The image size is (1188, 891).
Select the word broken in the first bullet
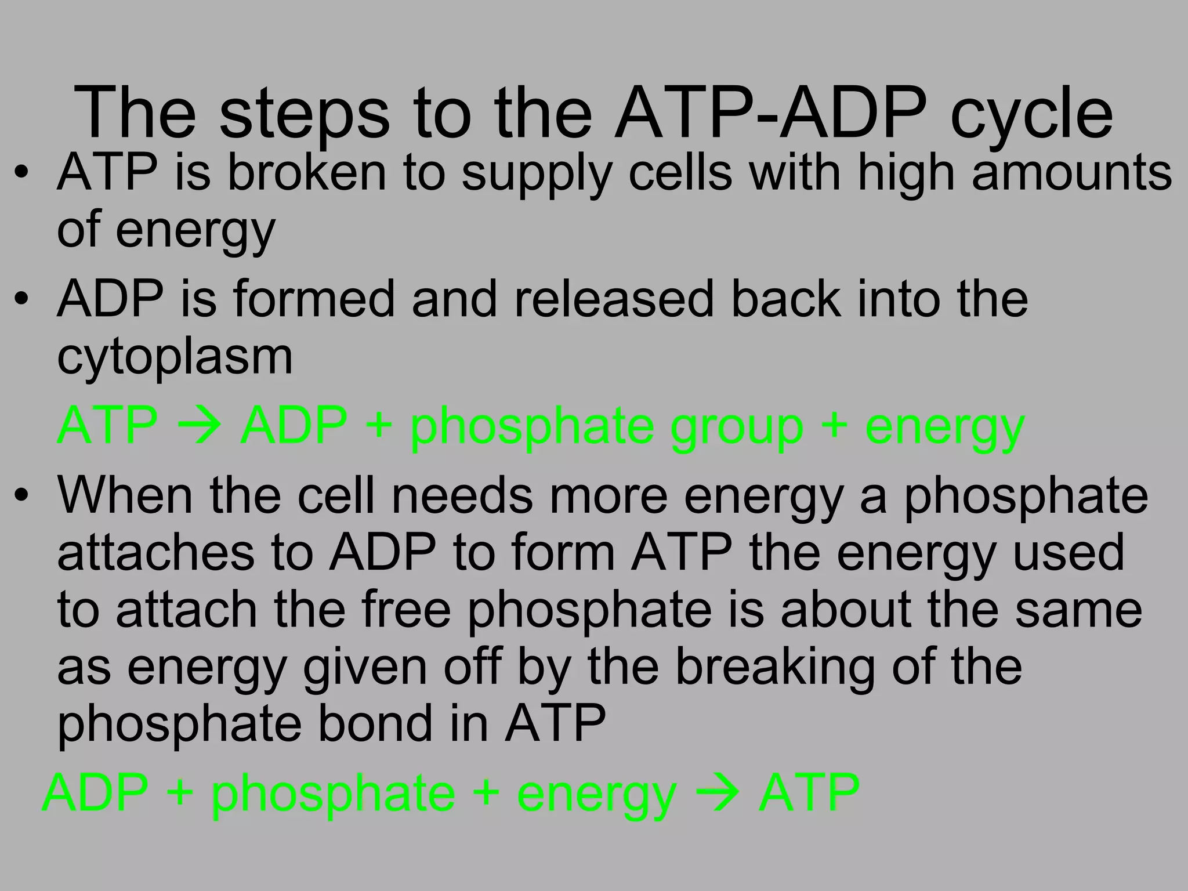(x=306, y=172)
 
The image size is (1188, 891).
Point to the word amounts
(x=1072, y=172)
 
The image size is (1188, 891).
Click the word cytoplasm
(x=175, y=356)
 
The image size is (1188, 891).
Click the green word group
(x=737, y=427)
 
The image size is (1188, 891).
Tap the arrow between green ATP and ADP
(x=199, y=426)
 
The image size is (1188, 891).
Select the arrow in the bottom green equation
(x=718, y=792)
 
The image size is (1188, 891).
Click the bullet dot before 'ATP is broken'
(x=22, y=173)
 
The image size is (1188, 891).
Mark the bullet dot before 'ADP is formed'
(x=22, y=299)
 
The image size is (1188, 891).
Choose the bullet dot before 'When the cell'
(x=22, y=496)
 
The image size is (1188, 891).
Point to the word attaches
(x=156, y=552)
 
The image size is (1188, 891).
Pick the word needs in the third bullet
(x=462, y=495)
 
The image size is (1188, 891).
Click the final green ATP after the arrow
(x=809, y=792)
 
